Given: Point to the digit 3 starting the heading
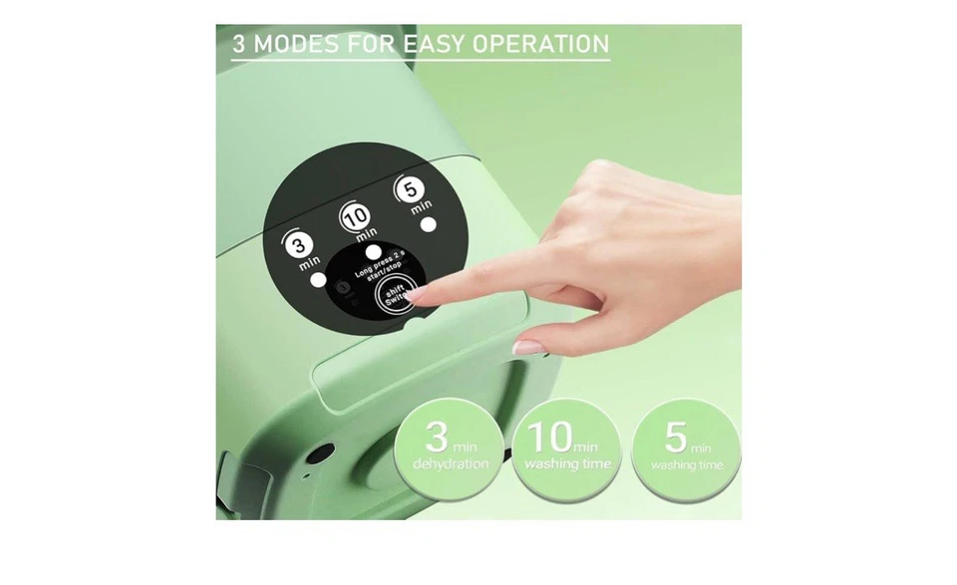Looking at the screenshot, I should coord(239,44).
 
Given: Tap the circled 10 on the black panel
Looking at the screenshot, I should coord(356,214).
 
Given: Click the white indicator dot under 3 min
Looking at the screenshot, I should coord(317,281).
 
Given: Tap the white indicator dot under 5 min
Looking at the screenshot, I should coord(430,224).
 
